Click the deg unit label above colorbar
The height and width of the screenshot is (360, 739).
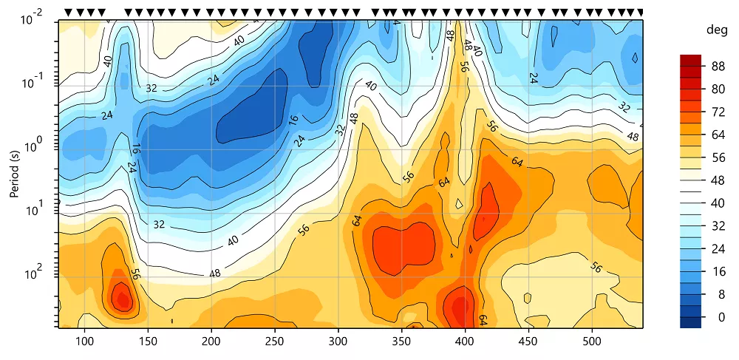(x=716, y=30)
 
